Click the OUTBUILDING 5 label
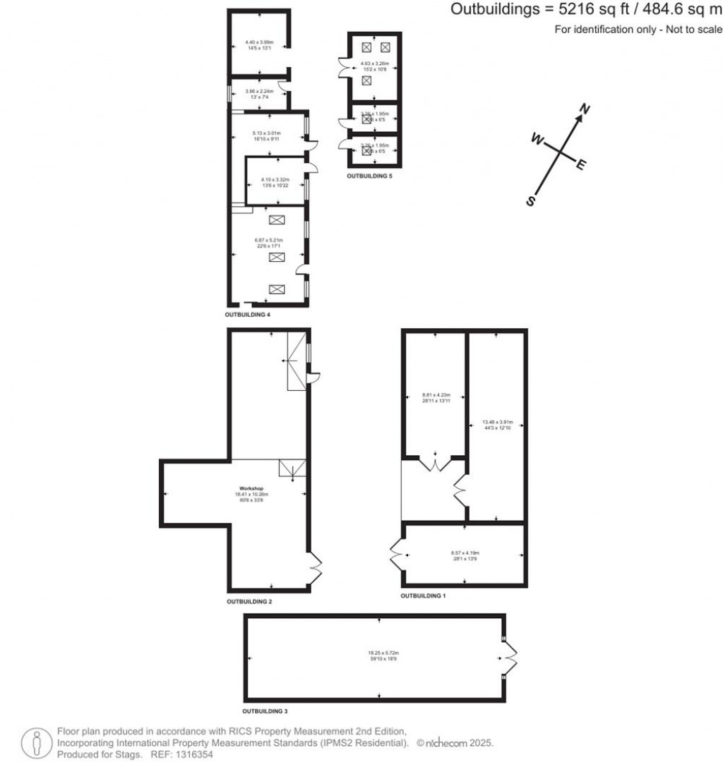(369, 176)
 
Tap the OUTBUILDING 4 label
(248, 314)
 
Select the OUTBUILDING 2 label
(249, 602)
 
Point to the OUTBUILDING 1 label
(424, 596)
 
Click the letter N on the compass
(585, 109)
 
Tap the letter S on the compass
(531, 201)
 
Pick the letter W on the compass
(537, 140)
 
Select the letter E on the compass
(582, 166)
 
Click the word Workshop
(251, 488)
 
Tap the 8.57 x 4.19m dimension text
(465, 553)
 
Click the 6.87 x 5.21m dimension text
(268, 241)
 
